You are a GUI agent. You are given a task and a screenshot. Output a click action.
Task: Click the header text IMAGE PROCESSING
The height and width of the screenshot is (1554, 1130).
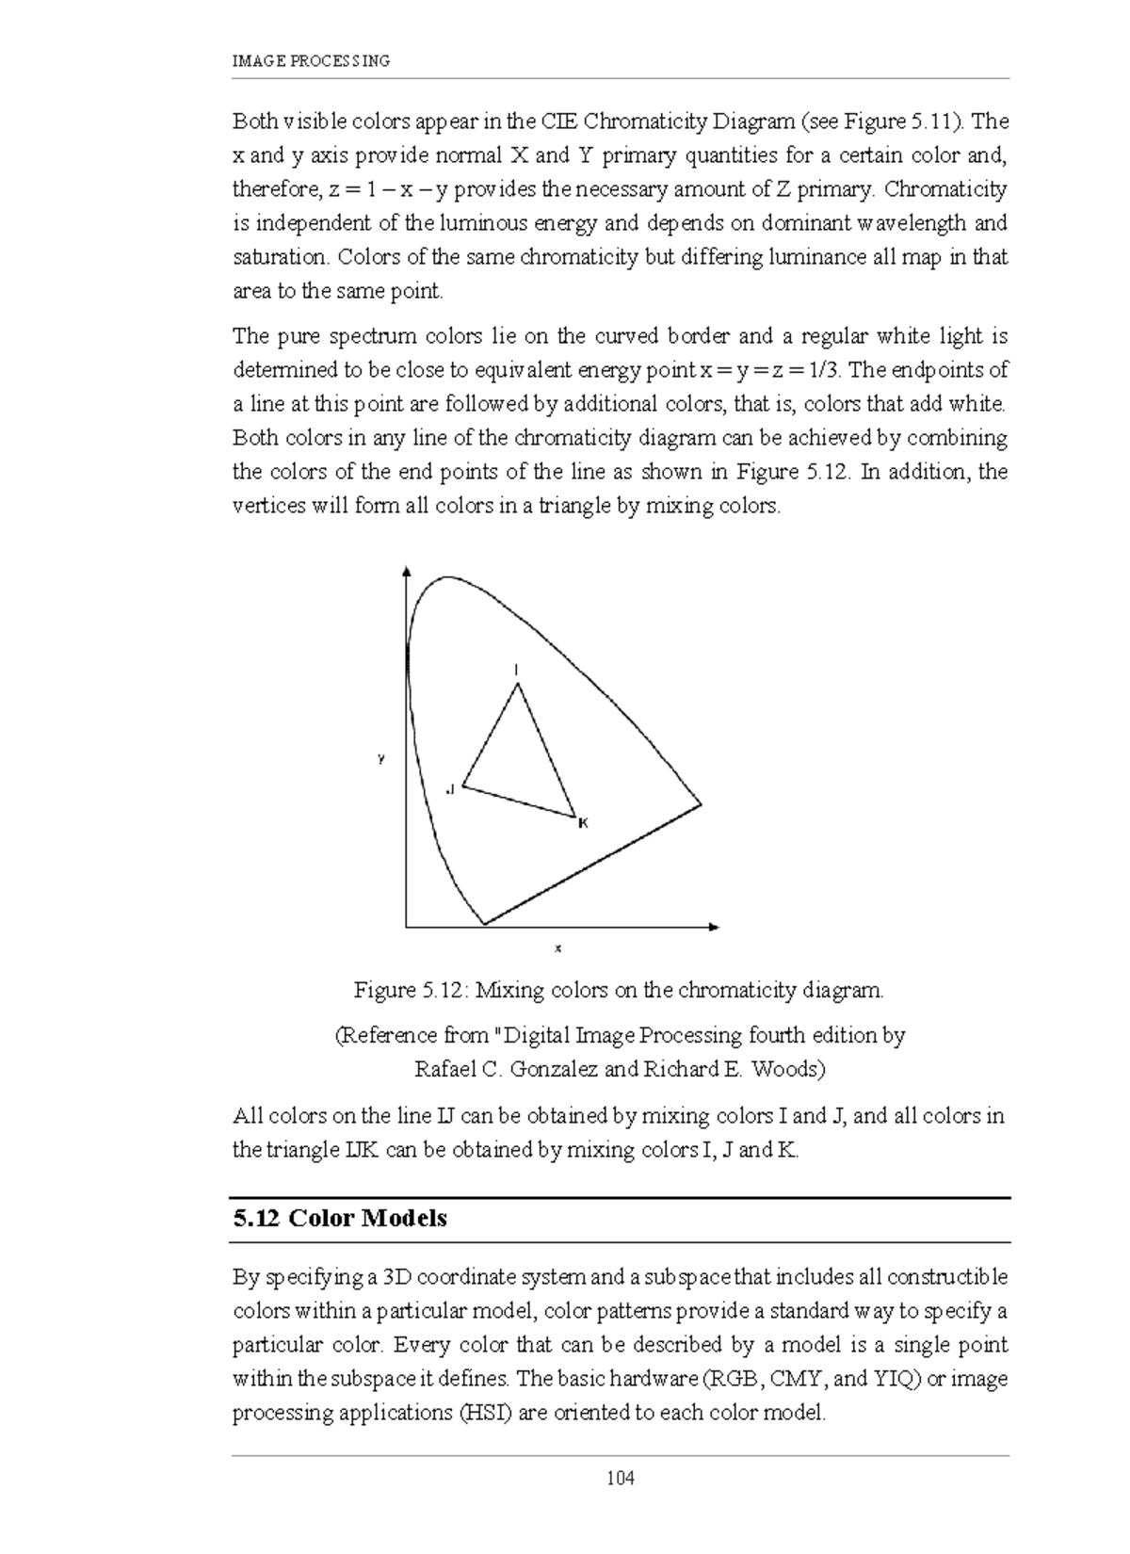click(311, 61)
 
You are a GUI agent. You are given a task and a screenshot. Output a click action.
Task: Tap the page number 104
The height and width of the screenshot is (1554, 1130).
click(621, 1479)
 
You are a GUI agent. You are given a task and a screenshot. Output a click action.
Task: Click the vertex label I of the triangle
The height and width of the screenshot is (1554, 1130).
click(516, 670)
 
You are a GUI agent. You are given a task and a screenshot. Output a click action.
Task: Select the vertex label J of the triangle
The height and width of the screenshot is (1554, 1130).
click(449, 788)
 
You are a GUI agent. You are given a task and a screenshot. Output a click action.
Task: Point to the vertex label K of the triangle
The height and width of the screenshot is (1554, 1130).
click(583, 823)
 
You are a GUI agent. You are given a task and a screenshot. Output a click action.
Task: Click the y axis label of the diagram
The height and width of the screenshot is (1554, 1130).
click(381, 758)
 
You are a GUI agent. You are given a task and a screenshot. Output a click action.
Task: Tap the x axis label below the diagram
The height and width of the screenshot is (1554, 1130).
click(557, 948)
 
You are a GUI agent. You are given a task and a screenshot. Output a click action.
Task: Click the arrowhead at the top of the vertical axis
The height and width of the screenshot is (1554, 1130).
click(406, 571)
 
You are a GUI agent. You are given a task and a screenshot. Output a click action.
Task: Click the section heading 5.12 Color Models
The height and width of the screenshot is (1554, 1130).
click(340, 1219)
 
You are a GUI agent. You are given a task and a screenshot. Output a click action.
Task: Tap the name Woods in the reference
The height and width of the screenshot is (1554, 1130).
click(790, 1070)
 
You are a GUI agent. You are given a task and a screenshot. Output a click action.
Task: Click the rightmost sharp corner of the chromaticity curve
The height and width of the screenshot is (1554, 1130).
click(701, 804)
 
